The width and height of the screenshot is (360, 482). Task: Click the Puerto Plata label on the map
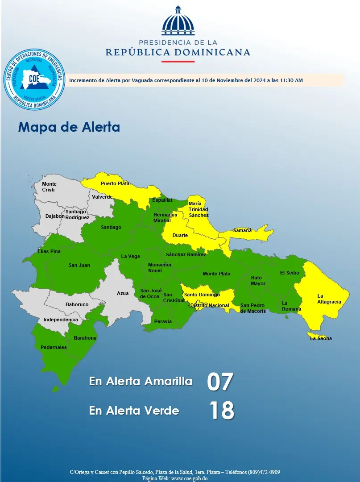tap(115, 183)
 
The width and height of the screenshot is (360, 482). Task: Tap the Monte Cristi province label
tap(49, 187)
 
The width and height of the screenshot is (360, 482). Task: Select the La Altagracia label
tap(329, 299)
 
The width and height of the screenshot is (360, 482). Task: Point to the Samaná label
tap(242, 230)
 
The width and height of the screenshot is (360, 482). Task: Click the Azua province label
tap(123, 293)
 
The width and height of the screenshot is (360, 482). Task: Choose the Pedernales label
tap(54, 347)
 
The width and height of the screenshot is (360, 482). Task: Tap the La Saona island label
tap(321, 338)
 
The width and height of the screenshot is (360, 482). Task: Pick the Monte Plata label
tap(216, 274)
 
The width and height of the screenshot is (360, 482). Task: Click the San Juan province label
tap(79, 266)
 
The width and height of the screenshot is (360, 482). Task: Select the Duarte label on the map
tap(180, 235)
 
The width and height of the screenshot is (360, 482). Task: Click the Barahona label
tap(85, 338)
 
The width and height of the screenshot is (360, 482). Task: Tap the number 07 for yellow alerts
tap(220, 382)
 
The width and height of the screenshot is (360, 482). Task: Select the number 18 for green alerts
tap(222, 411)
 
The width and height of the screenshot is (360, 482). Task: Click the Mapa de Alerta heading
tap(69, 127)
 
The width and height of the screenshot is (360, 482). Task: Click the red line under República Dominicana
tap(178, 61)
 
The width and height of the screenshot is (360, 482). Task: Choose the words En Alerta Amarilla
tap(141, 382)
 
